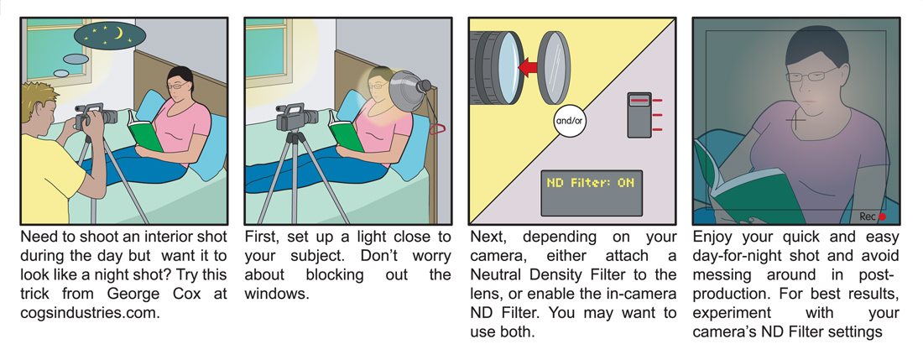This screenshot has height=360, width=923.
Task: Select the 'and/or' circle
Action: (569, 122)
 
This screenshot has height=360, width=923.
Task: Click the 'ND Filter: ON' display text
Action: (591, 182)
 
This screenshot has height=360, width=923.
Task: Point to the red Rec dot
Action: (882, 217)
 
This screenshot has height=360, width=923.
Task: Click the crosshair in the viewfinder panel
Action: (795, 120)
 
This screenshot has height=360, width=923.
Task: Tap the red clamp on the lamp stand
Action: (436, 129)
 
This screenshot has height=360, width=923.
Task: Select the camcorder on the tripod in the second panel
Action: (297, 117)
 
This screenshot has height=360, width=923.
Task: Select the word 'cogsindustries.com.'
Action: (90, 313)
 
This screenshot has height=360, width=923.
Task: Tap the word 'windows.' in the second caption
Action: (277, 294)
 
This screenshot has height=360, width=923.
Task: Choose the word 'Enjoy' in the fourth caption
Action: (714, 237)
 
